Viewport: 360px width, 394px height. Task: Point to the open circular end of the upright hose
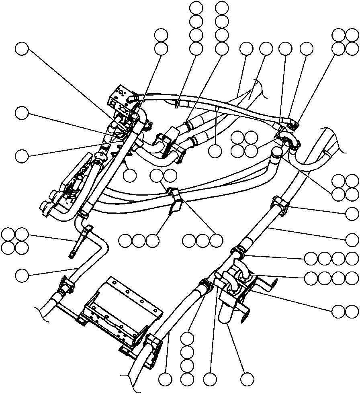point(276,152)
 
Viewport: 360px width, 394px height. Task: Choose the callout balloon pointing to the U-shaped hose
point(247,378)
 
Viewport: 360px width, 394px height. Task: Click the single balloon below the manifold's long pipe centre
point(129,176)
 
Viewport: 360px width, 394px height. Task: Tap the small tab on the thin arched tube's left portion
point(177,104)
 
